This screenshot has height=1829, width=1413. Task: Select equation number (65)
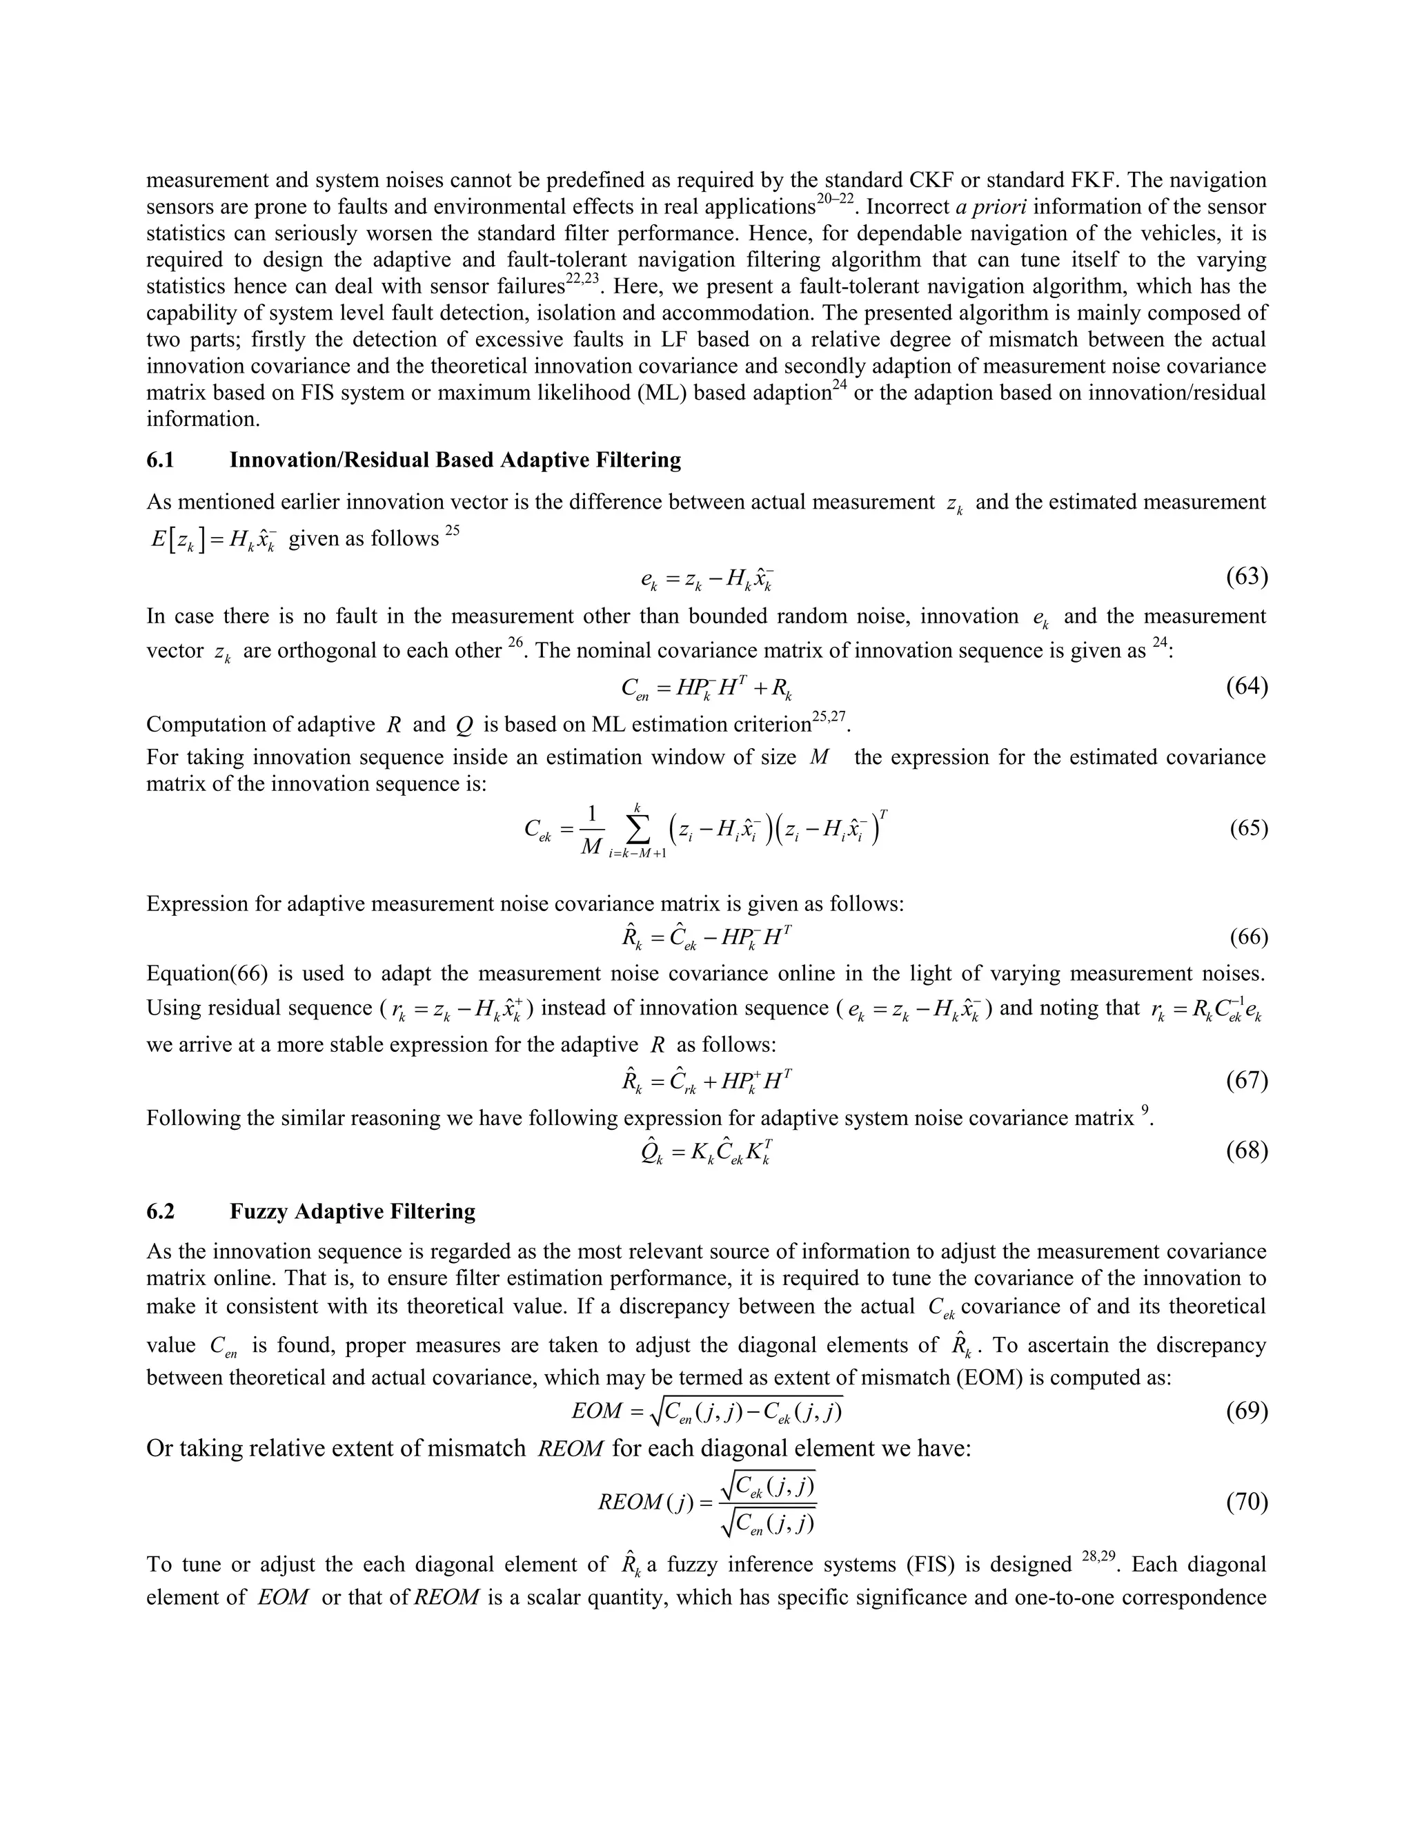[1248, 828]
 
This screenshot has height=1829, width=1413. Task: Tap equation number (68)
[1247, 1151]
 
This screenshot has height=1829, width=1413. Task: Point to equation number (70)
[1247, 1503]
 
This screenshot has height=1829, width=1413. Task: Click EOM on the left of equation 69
[596, 1411]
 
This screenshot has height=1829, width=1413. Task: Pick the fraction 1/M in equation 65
[591, 830]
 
